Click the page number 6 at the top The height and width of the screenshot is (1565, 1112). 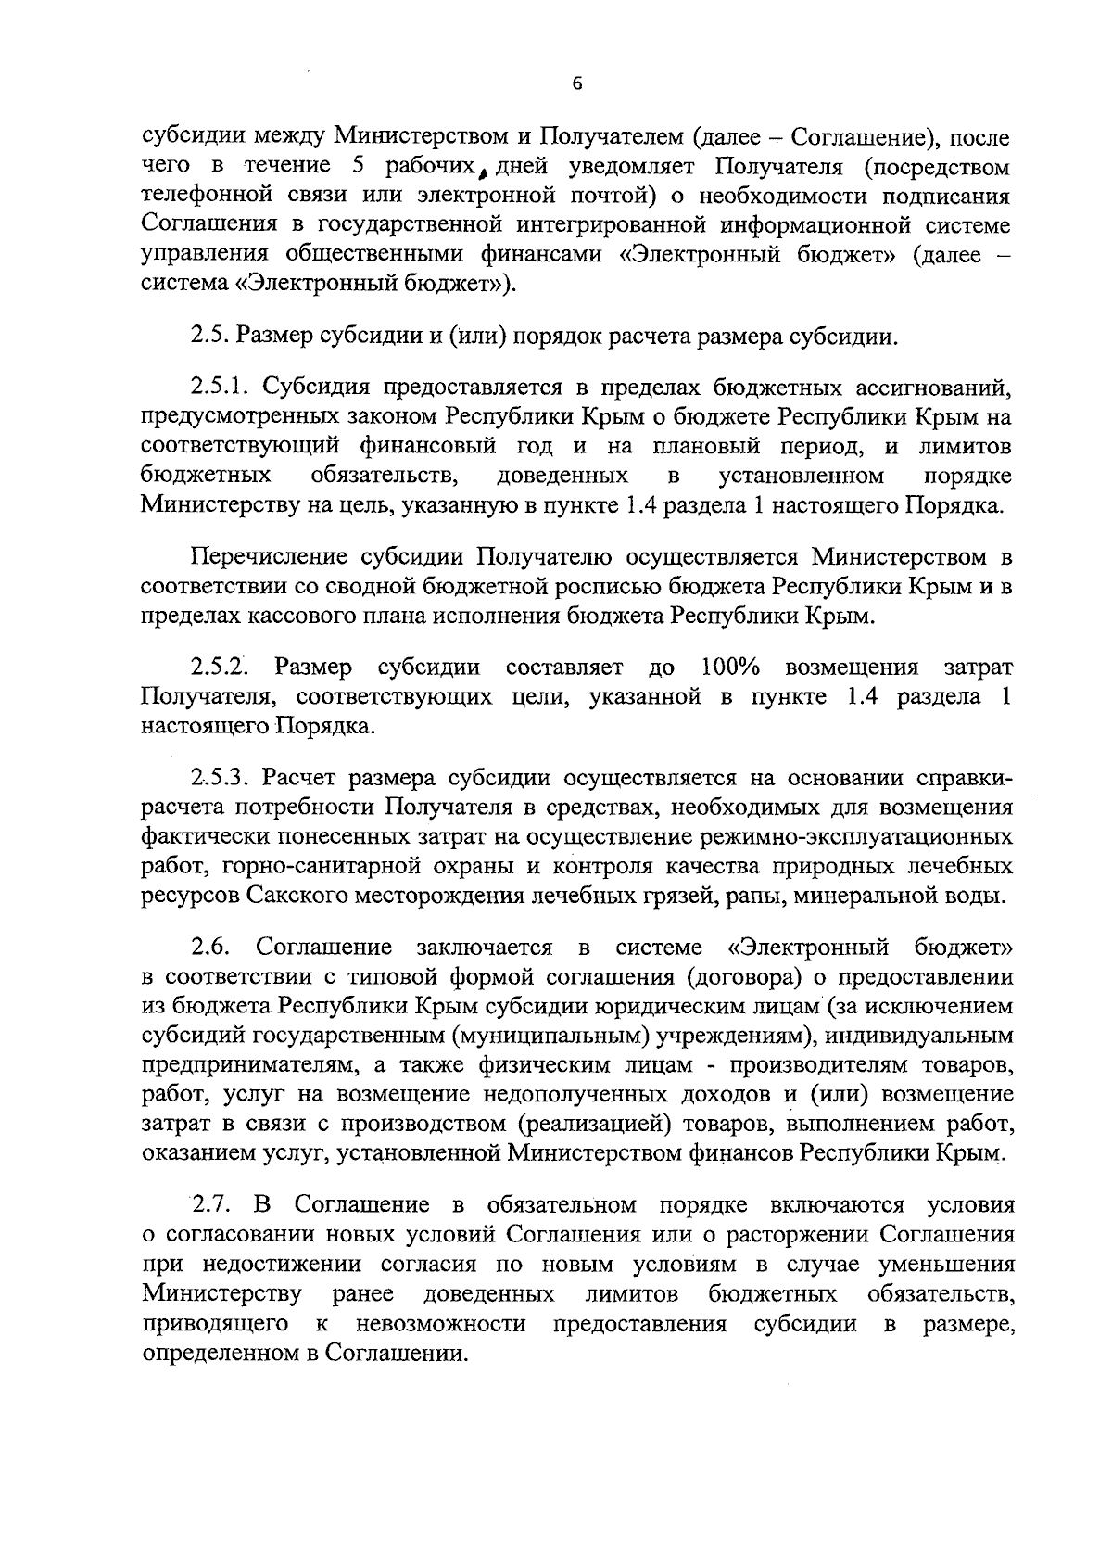coord(576,83)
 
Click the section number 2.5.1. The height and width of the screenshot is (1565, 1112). coord(221,387)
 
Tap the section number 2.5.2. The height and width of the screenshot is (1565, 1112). coord(221,668)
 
